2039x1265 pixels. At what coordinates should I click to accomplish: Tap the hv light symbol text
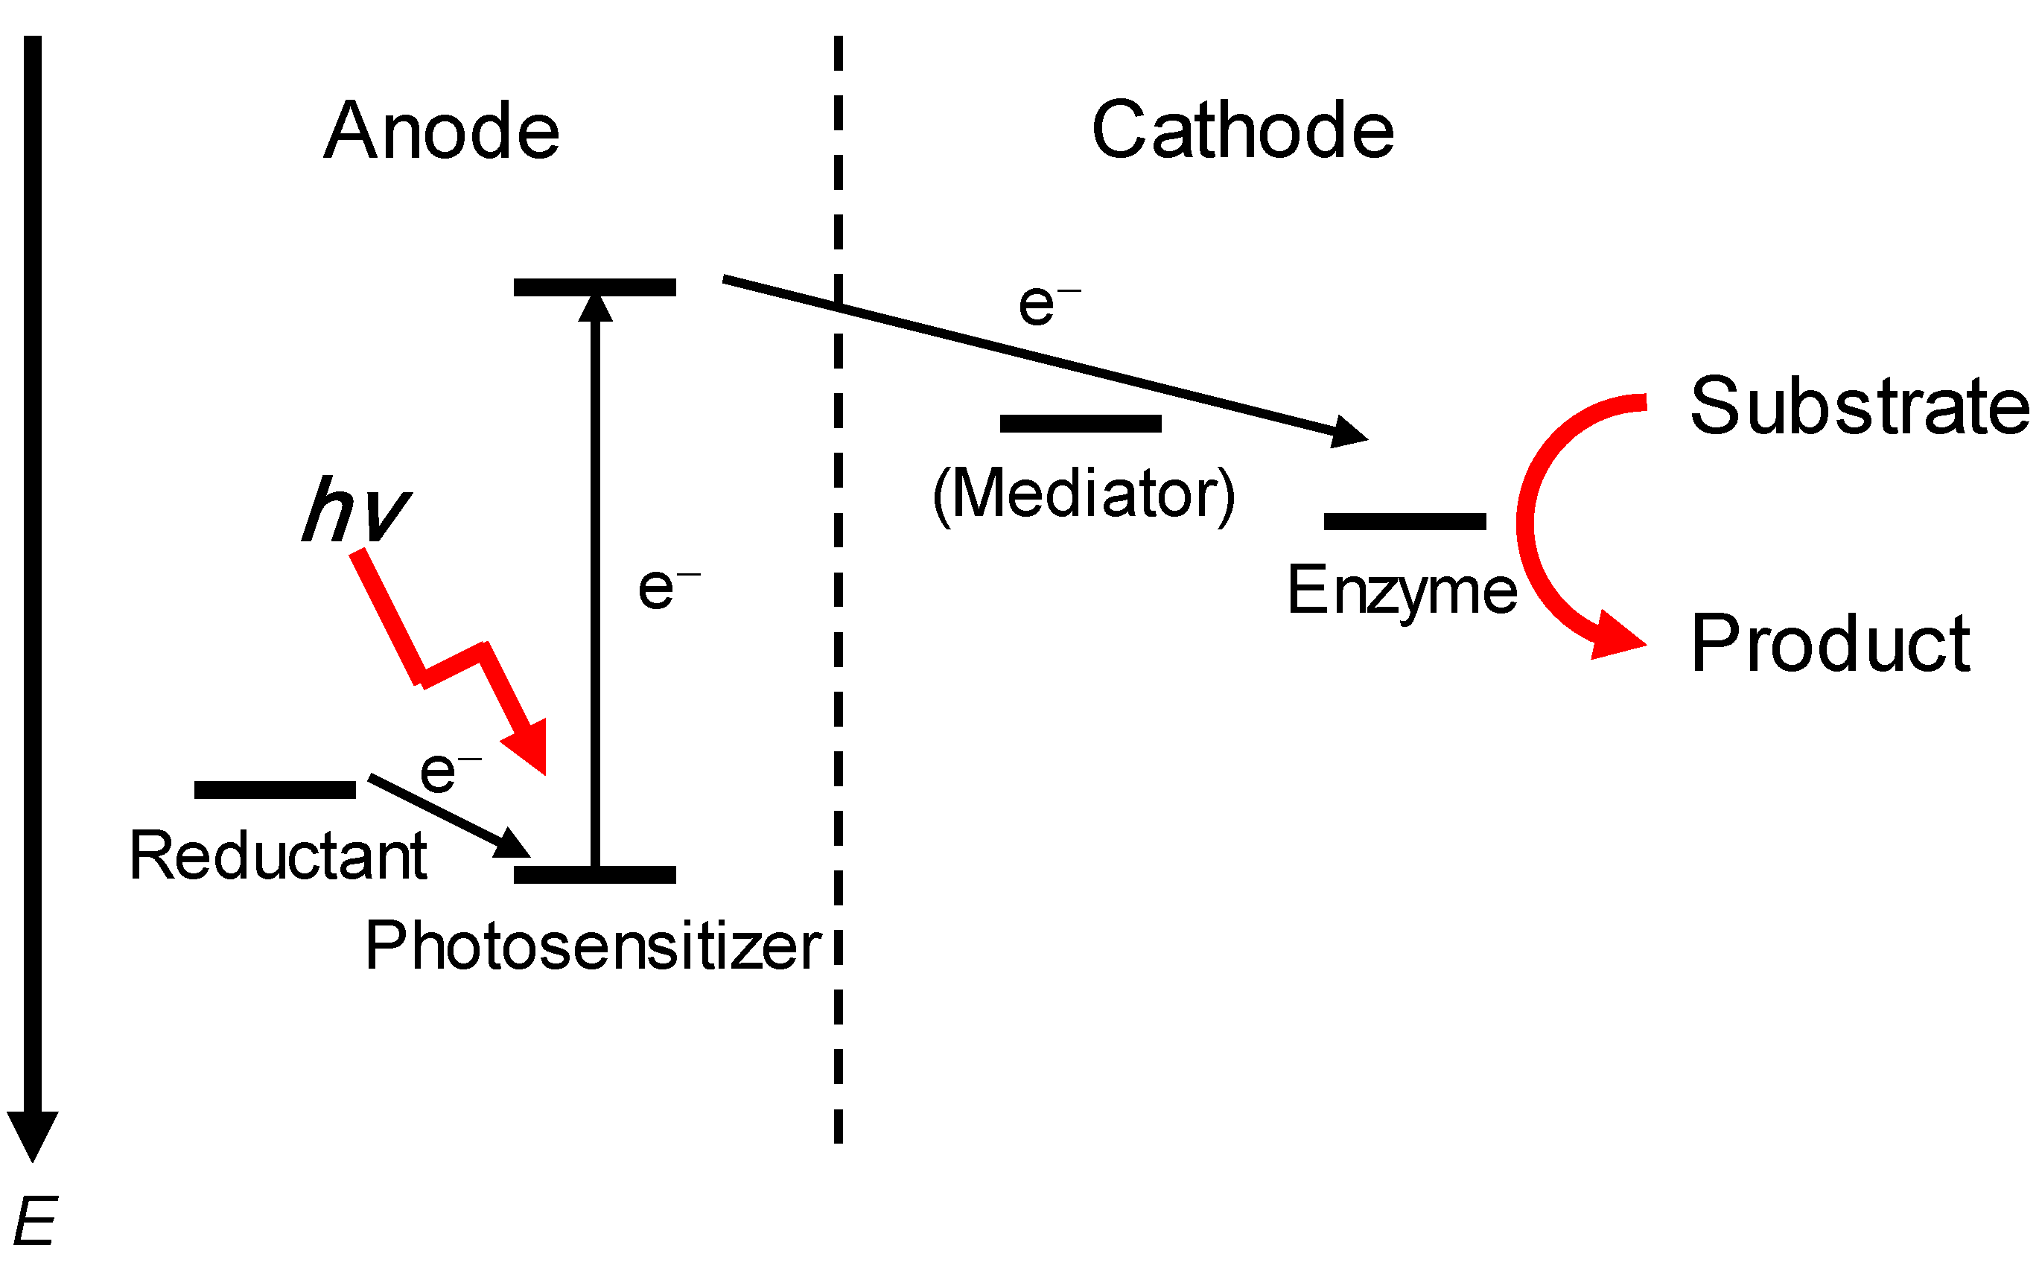coord(355,509)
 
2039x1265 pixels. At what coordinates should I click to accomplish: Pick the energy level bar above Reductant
coord(275,789)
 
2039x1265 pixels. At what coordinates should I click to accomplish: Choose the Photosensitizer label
coord(592,946)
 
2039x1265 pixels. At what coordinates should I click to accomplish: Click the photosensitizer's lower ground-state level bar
coord(594,875)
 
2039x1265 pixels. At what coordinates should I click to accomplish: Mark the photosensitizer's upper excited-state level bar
coord(594,287)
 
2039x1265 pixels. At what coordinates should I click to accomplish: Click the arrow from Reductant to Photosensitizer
coord(448,816)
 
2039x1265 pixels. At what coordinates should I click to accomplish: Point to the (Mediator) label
coord(1083,494)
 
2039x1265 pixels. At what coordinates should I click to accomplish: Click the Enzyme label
coord(1401,590)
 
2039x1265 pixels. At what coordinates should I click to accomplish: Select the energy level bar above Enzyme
coord(1404,521)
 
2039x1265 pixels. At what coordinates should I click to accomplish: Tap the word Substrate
coord(1859,407)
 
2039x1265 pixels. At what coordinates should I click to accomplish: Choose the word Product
coord(1830,643)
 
